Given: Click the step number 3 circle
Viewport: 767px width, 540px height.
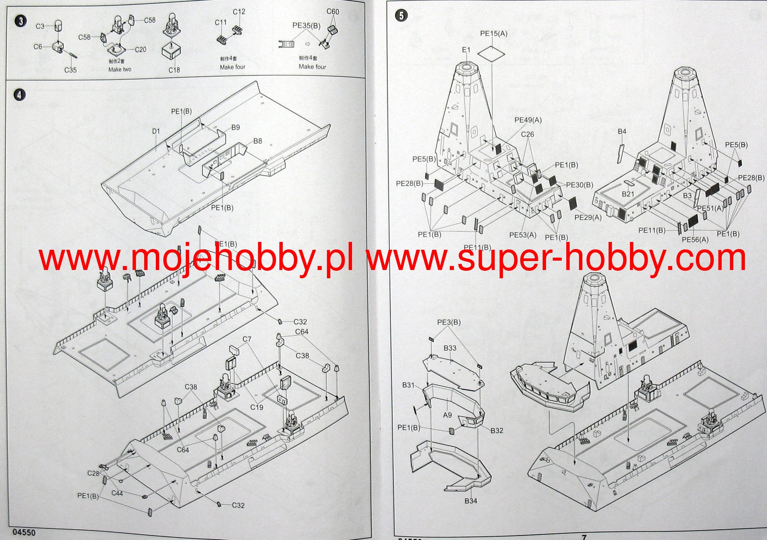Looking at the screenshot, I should pyautogui.click(x=21, y=21).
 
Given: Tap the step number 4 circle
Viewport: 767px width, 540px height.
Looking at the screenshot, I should pyautogui.click(x=19, y=95).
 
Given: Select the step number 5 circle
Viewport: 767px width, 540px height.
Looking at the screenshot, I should pyautogui.click(x=401, y=16).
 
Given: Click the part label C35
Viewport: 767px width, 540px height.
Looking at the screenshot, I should pyautogui.click(x=70, y=70).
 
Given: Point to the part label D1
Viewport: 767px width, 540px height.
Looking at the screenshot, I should pyautogui.click(x=156, y=131).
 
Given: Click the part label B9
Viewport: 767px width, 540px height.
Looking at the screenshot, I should pyautogui.click(x=235, y=128).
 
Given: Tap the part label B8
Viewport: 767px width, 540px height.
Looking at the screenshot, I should pyautogui.click(x=257, y=141).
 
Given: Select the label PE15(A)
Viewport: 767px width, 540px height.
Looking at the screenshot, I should pyautogui.click(x=494, y=34).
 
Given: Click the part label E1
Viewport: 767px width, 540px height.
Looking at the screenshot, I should pyautogui.click(x=466, y=50).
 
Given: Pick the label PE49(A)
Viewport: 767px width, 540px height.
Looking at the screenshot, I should pyautogui.click(x=528, y=120).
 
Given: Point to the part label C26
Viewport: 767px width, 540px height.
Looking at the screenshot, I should pyautogui.click(x=527, y=134).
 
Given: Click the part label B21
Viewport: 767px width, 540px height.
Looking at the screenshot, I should pyautogui.click(x=628, y=194).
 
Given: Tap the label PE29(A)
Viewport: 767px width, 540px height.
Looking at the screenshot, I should pyautogui.click(x=588, y=218).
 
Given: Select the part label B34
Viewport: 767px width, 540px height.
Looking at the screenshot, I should pyautogui.click(x=471, y=501).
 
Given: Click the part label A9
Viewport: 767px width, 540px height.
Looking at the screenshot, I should pyautogui.click(x=447, y=415).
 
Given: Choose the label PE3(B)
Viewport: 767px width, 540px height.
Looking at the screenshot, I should pyautogui.click(x=449, y=322).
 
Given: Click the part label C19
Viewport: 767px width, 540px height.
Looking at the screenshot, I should pyautogui.click(x=257, y=407).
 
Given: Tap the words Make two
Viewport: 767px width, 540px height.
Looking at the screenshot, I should pyautogui.click(x=120, y=70).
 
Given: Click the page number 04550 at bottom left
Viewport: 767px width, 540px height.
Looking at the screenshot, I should pyautogui.click(x=24, y=532).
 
